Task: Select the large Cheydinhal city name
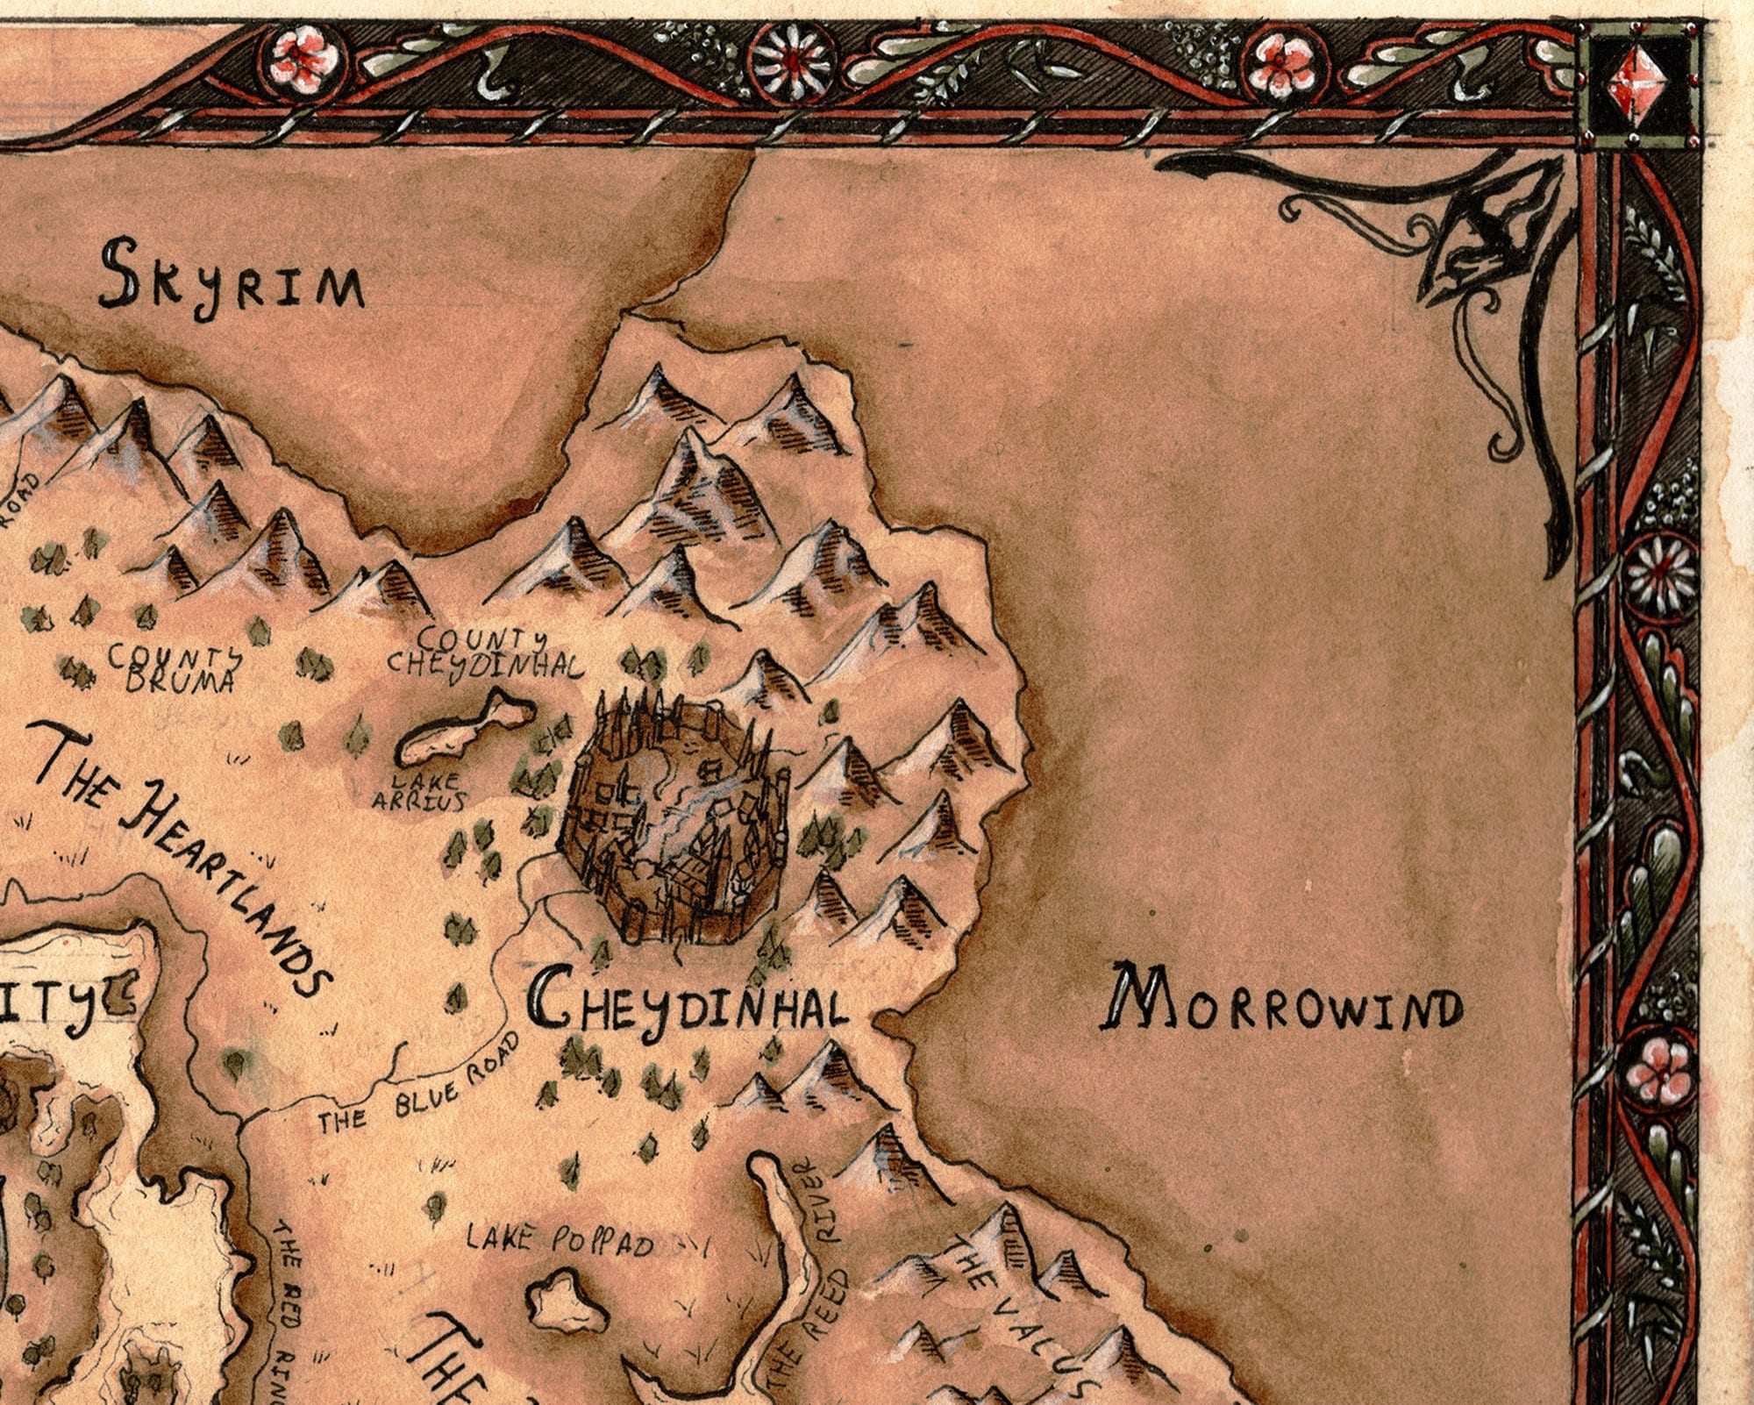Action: pyautogui.click(x=689, y=1007)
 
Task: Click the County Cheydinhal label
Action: pyautogui.click(x=484, y=653)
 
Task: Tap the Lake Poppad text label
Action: pyautogui.click(x=560, y=1240)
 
